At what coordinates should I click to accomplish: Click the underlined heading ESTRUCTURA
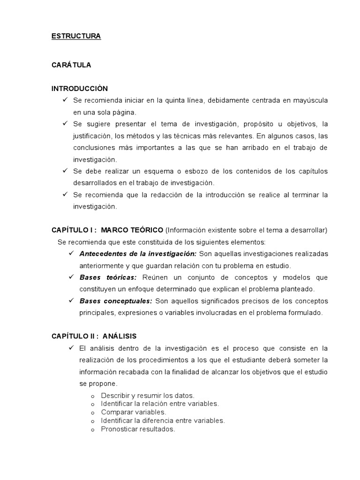point(76,36)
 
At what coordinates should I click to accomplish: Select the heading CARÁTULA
point(71,65)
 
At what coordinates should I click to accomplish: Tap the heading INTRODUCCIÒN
point(80,88)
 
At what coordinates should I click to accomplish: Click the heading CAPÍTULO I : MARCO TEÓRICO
point(107,230)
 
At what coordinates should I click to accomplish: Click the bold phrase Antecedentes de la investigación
point(138,254)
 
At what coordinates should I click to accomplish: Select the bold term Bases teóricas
point(108,277)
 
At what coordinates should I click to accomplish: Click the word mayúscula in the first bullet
point(310,100)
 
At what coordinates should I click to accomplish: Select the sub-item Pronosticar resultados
point(138,429)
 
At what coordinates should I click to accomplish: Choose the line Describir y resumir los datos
point(147,395)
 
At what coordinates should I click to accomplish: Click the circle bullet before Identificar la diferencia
point(92,421)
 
